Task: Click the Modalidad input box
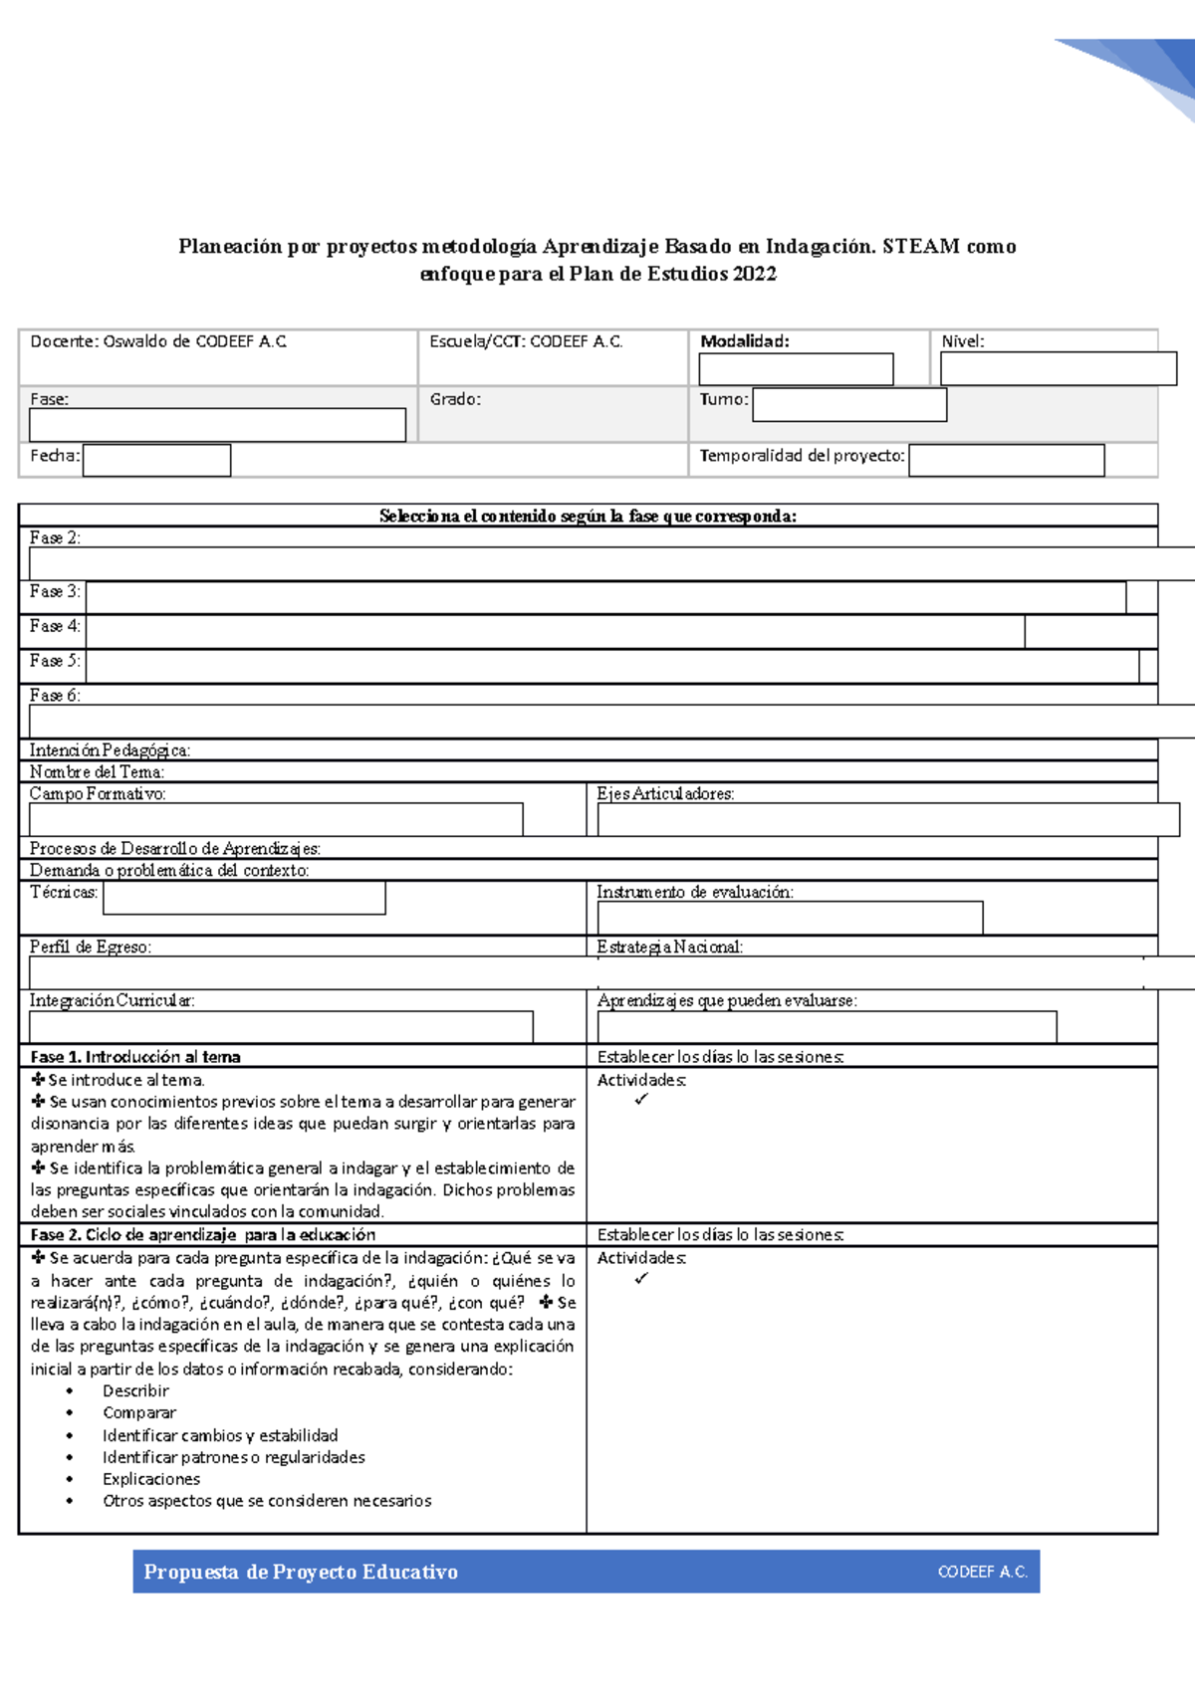pos(796,369)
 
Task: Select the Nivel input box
pos(1058,368)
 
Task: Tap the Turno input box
pos(848,405)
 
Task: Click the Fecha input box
pos(156,461)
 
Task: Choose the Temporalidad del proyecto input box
pos(1006,461)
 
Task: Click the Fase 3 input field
pos(605,597)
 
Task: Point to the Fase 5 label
pos(54,661)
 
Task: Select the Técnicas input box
pos(244,898)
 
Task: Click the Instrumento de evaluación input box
pos(789,918)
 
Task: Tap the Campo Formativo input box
pos(276,819)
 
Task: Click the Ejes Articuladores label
pos(665,794)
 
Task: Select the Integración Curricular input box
pos(281,1027)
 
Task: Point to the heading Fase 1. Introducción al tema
pos(135,1057)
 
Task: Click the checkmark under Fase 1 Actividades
pos(641,1100)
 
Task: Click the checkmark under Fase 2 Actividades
pos(641,1279)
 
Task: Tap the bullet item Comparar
pos(138,1413)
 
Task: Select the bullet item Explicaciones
pos(150,1479)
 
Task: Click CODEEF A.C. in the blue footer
pos(982,1572)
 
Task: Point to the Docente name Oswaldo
pos(135,341)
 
